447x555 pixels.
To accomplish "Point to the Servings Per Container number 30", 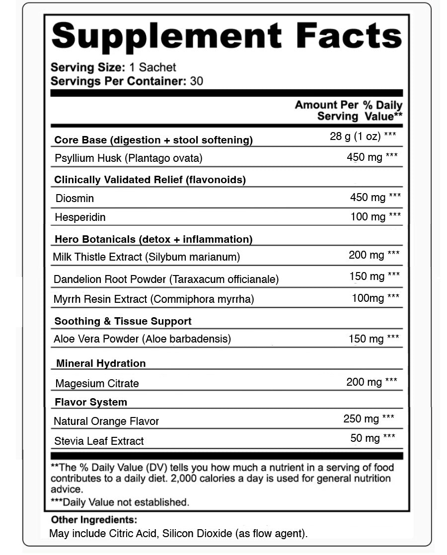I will coord(197,81).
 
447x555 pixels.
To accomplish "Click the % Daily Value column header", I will coord(383,110).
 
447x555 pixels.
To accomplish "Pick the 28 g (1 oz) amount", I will coord(355,137).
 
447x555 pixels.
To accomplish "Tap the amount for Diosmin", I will coord(368,198).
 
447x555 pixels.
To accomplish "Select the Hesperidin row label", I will coord(80,217).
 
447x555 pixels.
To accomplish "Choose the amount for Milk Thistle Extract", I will coord(367,255).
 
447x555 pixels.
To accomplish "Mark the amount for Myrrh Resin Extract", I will coord(368,298).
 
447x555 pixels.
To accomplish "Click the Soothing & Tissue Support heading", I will coord(123,321).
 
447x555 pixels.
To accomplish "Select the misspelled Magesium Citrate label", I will coord(97,383).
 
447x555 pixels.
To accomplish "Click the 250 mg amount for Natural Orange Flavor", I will coord(361,419).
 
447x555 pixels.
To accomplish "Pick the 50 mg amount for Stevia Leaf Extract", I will coord(365,438).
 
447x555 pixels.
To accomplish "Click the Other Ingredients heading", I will coord(94,520).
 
